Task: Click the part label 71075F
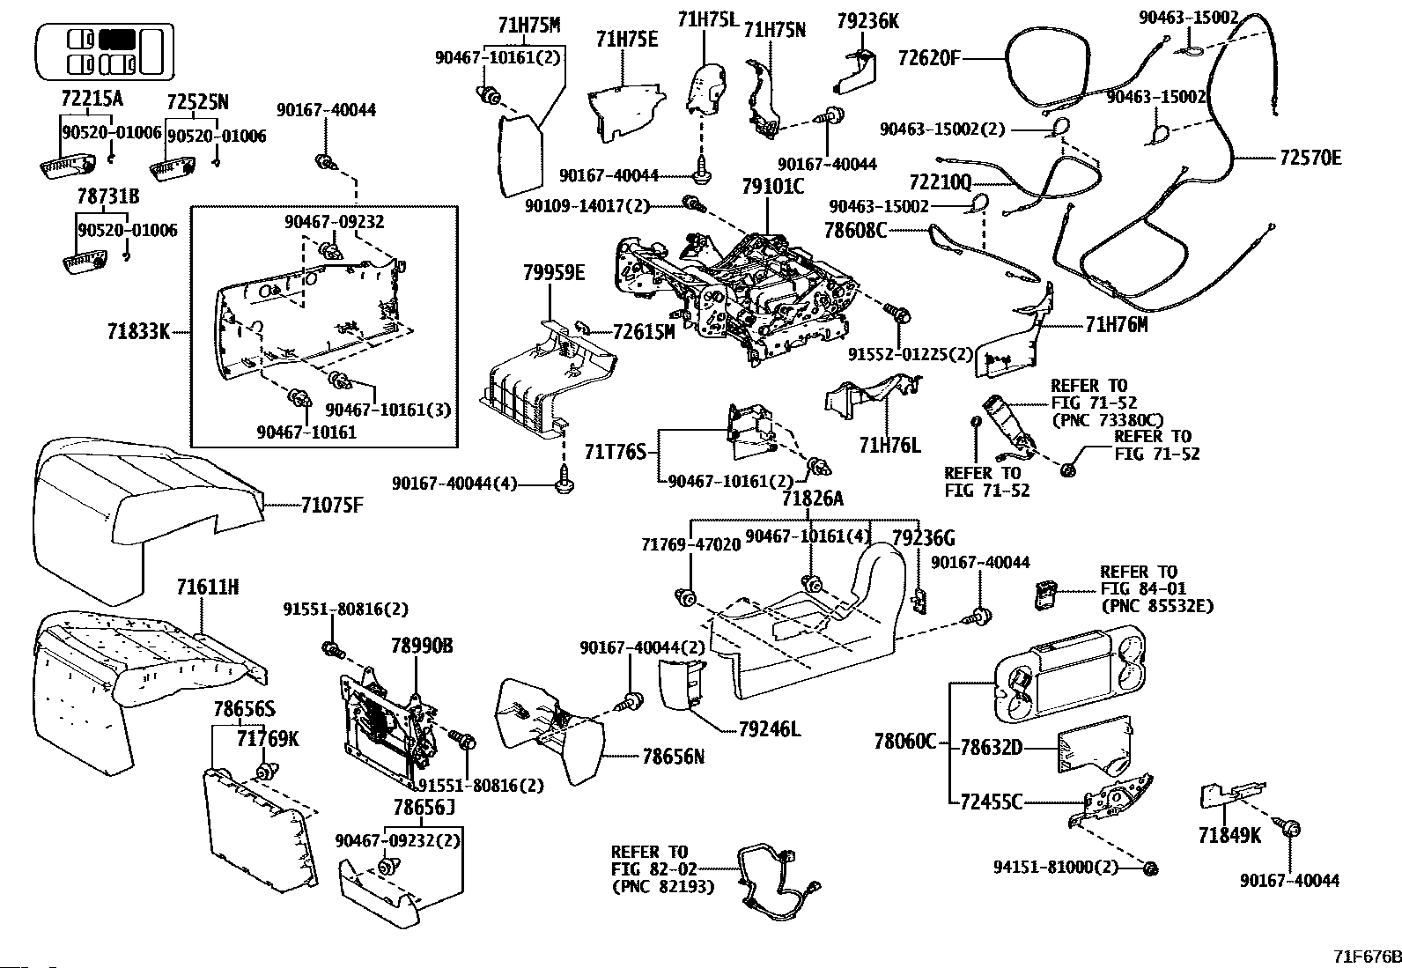coord(331,506)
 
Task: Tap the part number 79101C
coord(772,188)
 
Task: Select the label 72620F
coord(928,59)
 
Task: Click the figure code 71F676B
coord(1366,957)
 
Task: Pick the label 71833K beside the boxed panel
coord(138,332)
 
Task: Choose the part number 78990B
coord(422,646)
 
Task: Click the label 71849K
coord(1229,834)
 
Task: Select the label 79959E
coord(554,273)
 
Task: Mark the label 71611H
coord(207,587)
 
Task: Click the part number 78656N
coord(673,756)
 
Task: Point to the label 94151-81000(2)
coord(1056,867)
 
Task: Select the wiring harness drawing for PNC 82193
coord(775,876)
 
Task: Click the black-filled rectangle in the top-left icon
coord(116,40)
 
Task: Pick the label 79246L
coord(770,729)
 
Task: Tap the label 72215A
coord(92,100)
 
